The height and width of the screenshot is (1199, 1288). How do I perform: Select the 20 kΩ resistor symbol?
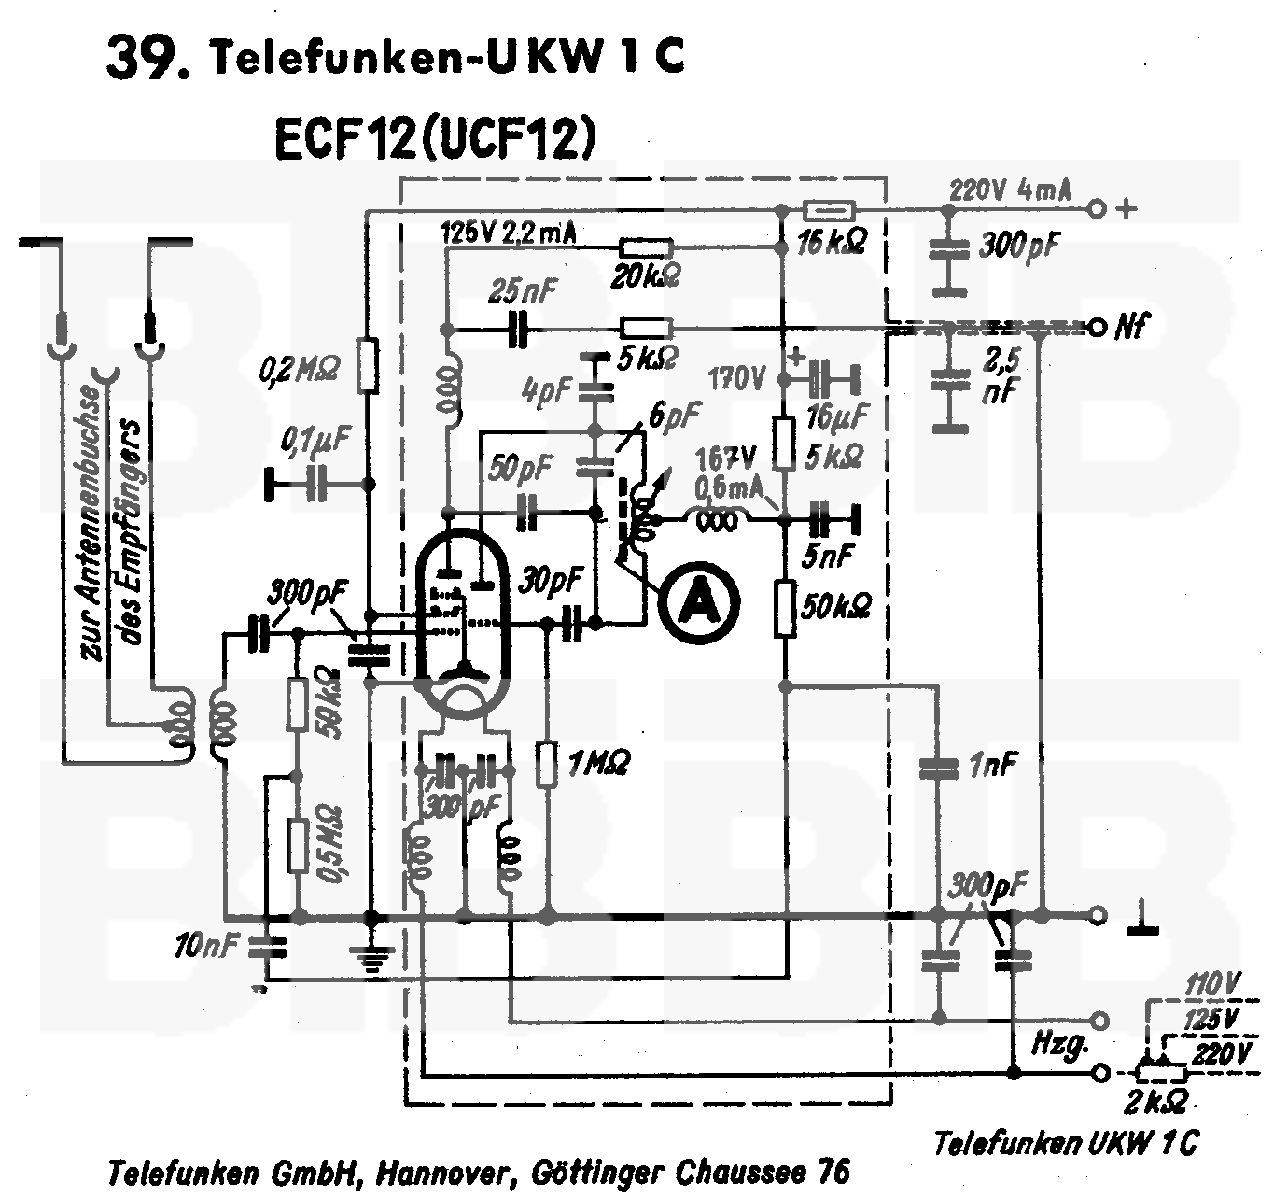coord(645,247)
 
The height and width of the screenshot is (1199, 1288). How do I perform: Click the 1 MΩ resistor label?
coord(597,763)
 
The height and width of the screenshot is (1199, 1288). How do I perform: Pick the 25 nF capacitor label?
coord(523,293)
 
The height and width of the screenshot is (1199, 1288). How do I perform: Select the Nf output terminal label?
coord(1131,327)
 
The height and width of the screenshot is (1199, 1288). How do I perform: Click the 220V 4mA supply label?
coord(1010,191)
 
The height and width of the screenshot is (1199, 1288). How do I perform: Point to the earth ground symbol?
coord(371,957)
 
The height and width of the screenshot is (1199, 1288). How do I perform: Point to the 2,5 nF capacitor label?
coord(997,375)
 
